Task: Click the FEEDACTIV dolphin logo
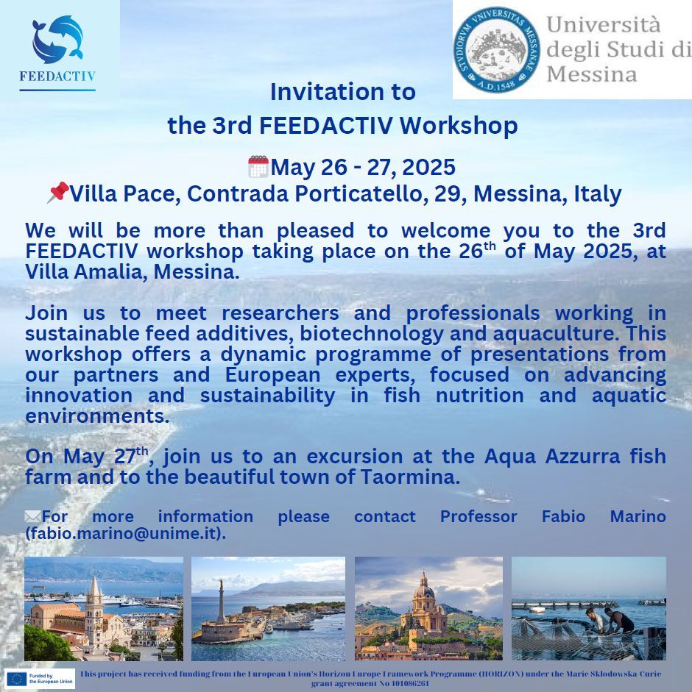pos(57,39)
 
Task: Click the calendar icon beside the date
pos(258,166)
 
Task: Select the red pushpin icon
pos(58,192)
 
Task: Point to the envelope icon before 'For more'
pos(32,516)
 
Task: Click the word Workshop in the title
pos(459,125)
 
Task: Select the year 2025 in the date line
pos(428,167)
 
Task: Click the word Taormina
pos(410,477)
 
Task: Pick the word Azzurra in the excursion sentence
pos(582,457)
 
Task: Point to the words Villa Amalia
pos(84,272)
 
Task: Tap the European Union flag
pos(17,679)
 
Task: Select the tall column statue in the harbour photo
pos(221,601)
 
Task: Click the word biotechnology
pos(372,334)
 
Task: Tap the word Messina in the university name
pos(592,74)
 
